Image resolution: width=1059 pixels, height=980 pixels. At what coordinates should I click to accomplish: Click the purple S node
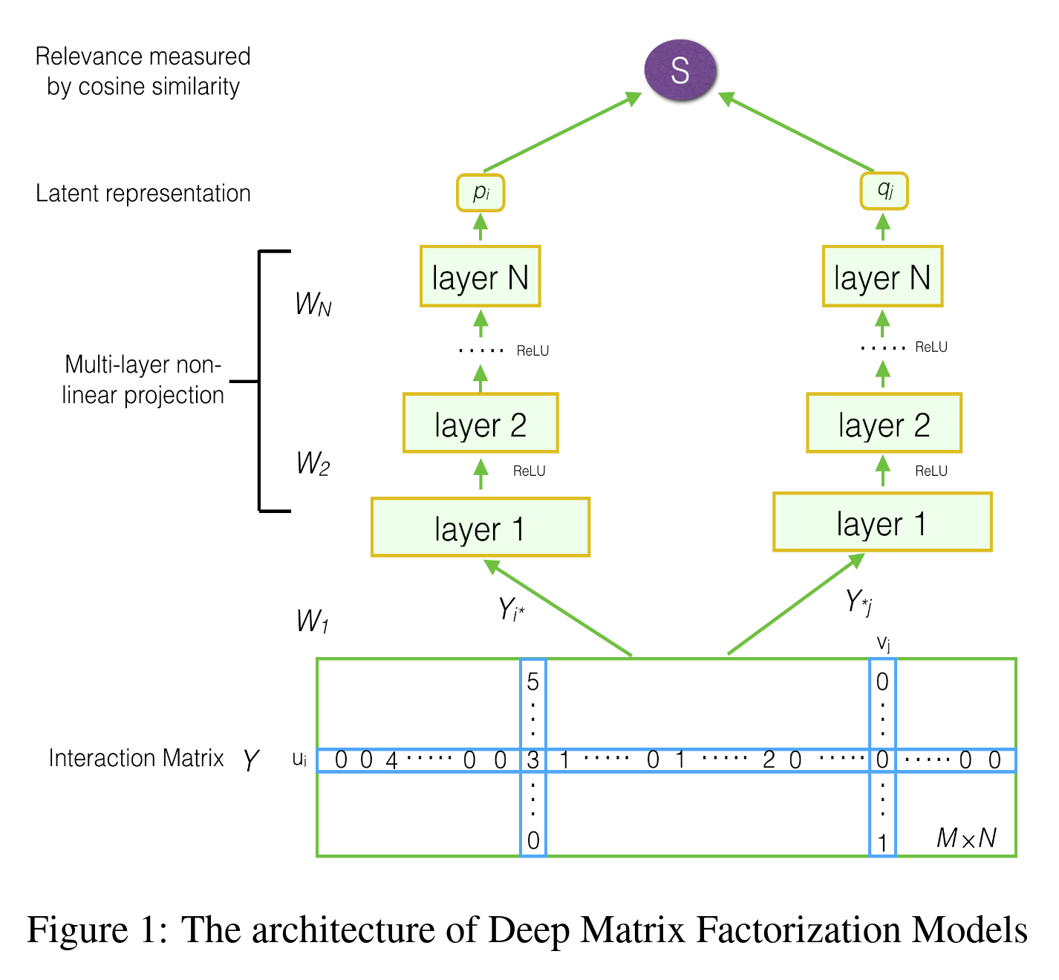click(680, 71)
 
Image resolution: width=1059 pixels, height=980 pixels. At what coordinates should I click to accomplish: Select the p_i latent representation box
click(480, 192)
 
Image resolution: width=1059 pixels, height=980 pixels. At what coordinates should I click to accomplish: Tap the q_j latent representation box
click(884, 191)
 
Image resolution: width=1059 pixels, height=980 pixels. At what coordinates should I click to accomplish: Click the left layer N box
click(480, 277)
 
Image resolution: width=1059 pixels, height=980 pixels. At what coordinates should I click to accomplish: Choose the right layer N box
click(882, 277)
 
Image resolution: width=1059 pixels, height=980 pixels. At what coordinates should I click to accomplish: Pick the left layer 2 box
click(480, 423)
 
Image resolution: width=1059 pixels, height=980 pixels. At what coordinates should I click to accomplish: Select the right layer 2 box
click(884, 423)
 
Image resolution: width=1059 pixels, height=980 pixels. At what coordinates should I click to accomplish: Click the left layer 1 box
click(480, 527)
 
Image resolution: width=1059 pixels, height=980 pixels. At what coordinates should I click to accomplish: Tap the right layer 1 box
click(882, 522)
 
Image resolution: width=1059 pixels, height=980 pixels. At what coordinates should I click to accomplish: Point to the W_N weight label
click(313, 304)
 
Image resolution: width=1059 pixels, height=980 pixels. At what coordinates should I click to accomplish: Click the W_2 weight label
click(313, 463)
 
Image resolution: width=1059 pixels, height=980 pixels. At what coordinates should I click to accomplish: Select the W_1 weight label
click(312, 621)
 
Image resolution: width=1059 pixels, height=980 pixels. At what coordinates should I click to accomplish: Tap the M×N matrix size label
click(966, 838)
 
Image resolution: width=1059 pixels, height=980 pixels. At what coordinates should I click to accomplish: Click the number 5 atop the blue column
click(532, 682)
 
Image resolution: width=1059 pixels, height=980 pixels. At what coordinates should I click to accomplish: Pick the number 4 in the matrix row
click(391, 760)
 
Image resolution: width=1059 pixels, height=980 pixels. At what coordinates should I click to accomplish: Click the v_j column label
click(883, 643)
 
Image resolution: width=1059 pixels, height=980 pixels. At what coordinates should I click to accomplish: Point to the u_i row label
click(299, 759)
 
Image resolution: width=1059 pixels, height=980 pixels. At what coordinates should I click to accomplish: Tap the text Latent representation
click(143, 193)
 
